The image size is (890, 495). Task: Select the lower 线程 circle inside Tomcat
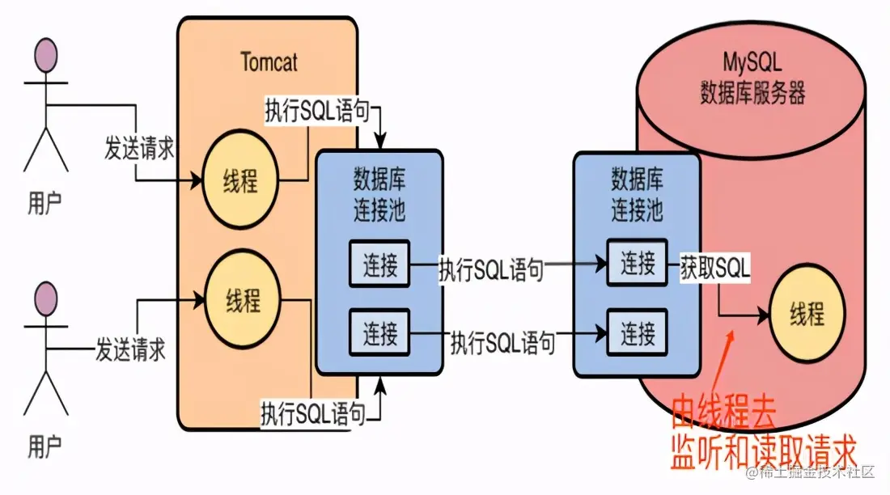(242, 302)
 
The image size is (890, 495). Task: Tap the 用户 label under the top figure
(44, 203)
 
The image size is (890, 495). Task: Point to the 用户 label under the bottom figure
(44, 444)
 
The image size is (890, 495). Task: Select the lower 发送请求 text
(129, 350)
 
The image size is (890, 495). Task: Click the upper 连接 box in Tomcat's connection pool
(379, 265)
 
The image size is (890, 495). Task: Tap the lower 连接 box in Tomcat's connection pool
(379, 331)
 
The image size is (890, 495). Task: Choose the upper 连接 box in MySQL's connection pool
(638, 264)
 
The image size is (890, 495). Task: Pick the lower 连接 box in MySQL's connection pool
(638, 331)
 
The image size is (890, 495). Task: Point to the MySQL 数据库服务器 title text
(752, 79)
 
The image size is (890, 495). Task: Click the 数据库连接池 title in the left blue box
(379, 195)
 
